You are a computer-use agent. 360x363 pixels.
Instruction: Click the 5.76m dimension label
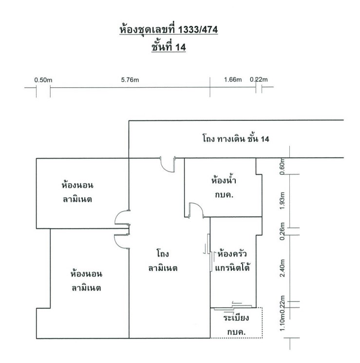pyautogui.click(x=130, y=80)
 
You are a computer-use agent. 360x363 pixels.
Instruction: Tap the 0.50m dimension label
pyautogui.click(x=43, y=80)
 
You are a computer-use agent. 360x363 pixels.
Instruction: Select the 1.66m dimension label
pyautogui.click(x=233, y=79)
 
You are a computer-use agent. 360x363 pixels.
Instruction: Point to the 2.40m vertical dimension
pyautogui.click(x=282, y=268)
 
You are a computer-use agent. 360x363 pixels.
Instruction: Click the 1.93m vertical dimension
pyautogui.click(x=282, y=201)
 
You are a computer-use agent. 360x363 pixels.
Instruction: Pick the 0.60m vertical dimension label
pyautogui.click(x=282, y=167)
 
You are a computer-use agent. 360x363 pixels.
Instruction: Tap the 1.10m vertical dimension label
pyautogui.click(x=282, y=323)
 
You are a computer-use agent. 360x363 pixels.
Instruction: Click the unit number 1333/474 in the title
pyautogui.click(x=198, y=30)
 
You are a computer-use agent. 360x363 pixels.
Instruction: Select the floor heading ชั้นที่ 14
pyautogui.click(x=169, y=47)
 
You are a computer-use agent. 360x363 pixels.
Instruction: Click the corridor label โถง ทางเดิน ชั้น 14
pyautogui.click(x=236, y=139)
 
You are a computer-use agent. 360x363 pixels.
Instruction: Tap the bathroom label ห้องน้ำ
pyautogui.click(x=224, y=180)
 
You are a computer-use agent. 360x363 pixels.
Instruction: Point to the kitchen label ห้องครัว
pyautogui.click(x=232, y=254)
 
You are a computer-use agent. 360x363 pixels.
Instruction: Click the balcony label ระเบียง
pyautogui.click(x=236, y=318)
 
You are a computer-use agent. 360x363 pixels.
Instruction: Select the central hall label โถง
pyautogui.click(x=163, y=253)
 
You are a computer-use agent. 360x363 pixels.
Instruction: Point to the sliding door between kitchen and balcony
pyautogui.click(x=233, y=307)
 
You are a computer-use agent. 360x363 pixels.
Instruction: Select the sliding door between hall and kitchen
pyautogui.click(x=210, y=252)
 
